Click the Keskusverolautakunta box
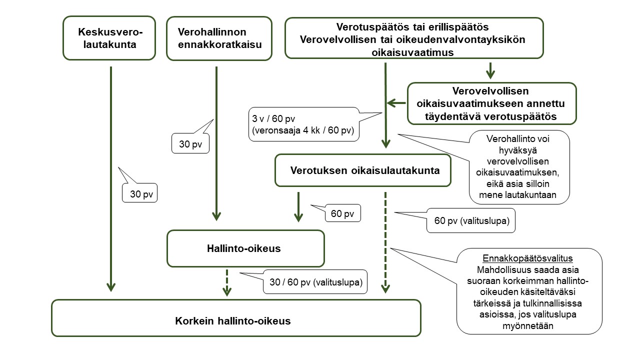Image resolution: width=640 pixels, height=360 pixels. pos(109,38)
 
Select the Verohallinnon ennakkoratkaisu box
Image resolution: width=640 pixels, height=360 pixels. pos(219,38)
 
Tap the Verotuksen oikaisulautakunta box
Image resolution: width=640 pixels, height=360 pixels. pos(363,170)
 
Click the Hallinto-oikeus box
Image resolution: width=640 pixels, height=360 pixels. pos(245,248)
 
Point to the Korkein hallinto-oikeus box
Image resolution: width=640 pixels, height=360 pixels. pos(236,317)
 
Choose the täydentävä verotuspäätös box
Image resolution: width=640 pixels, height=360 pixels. pos(491,103)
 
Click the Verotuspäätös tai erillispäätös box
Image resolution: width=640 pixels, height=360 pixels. pos(413,38)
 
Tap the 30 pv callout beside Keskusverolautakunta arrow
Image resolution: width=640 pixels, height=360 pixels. pos(140,193)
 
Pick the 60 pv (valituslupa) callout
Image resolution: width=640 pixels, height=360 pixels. pos(470,220)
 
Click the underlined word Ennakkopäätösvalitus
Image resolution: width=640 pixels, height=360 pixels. pos(527,258)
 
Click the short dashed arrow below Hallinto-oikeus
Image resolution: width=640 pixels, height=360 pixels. pos(227,282)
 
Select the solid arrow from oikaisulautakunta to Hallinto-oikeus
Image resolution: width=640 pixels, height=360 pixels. pos(298,206)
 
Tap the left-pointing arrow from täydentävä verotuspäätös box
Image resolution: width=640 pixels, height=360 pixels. pos(397,103)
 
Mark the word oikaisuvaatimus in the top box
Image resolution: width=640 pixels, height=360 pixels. pos(413,52)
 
